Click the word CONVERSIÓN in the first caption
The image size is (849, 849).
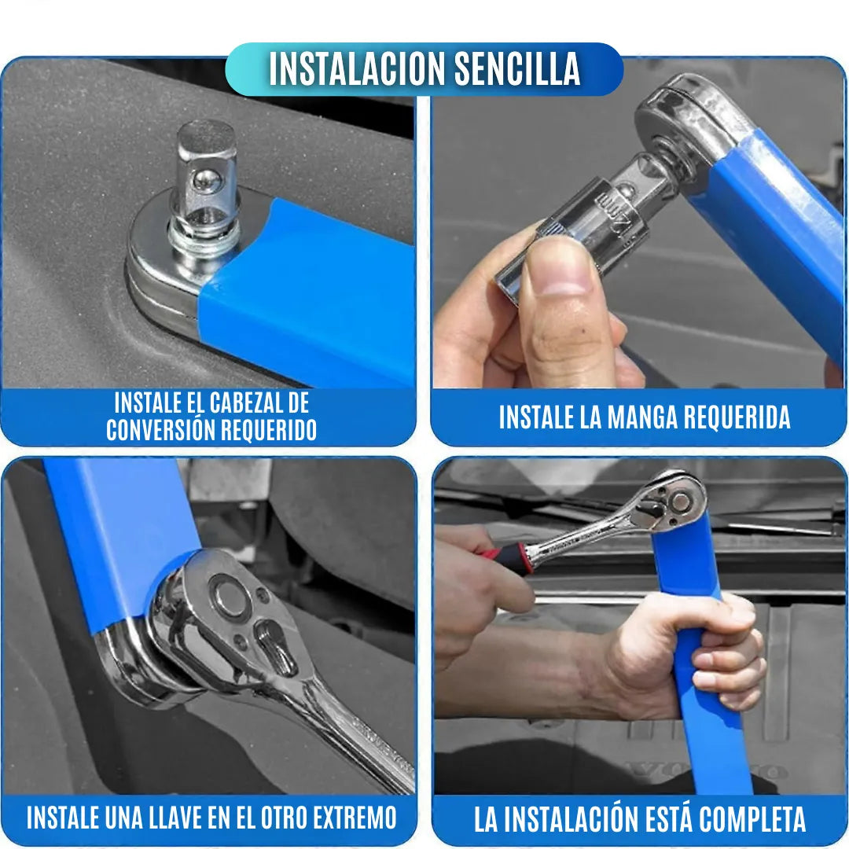161,430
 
